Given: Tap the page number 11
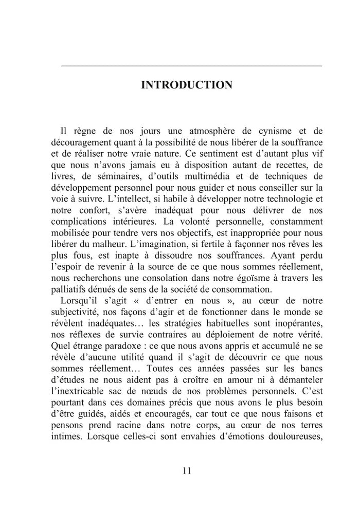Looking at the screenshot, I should click(186, 471).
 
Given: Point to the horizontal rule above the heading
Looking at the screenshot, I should click(191, 66).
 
